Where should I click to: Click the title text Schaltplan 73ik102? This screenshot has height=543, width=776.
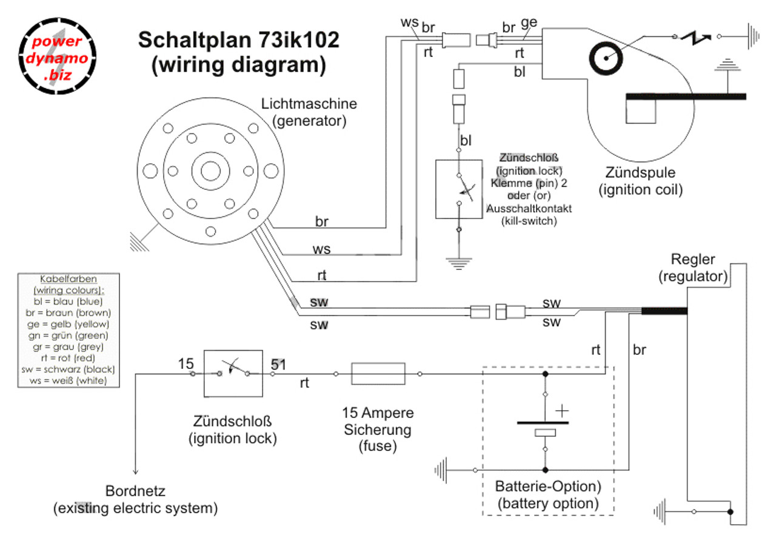click(x=239, y=40)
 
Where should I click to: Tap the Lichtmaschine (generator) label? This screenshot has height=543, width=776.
click(x=309, y=104)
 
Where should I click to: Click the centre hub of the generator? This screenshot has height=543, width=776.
click(x=210, y=170)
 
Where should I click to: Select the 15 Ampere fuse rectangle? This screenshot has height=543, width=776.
click(x=378, y=374)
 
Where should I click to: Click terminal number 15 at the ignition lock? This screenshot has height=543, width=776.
click(x=186, y=364)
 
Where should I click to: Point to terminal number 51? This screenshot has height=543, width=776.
click(x=279, y=364)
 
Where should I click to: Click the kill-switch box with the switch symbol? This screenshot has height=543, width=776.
click(x=459, y=189)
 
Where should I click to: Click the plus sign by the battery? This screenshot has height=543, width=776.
click(x=563, y=411)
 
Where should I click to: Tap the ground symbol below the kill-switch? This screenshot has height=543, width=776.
click(x=459, y=262)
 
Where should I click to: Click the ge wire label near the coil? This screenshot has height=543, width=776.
click(x=529, y=23)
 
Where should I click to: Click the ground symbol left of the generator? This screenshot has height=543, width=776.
click(x=138, y=241)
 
